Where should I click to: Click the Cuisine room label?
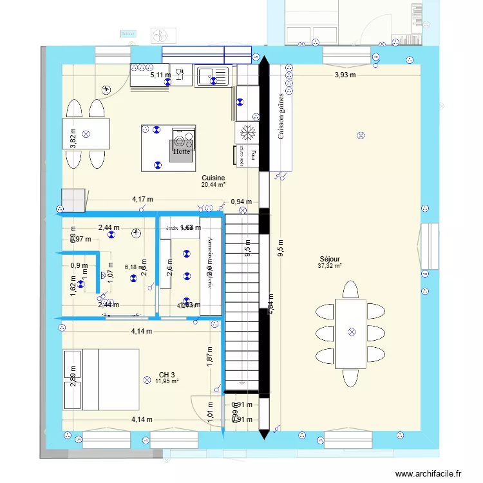click(213, 178)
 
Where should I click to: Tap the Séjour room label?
click(329, 258)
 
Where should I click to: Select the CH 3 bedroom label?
click(167, 374)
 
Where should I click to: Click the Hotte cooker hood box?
click(182, 152)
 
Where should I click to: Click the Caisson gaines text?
click(281, 115)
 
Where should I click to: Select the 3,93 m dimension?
click(345, 75)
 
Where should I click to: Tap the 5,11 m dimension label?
click(160, 75)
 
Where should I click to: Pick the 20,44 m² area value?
click(213, 185)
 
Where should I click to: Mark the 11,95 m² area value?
click(167, 381)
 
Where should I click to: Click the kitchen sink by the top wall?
click(213, 77)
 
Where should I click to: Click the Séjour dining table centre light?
click(351, 332)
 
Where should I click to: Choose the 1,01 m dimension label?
click(210, 411)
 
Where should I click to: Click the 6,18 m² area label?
click(135, 267)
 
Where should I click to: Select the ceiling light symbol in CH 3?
click(147, 380)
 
